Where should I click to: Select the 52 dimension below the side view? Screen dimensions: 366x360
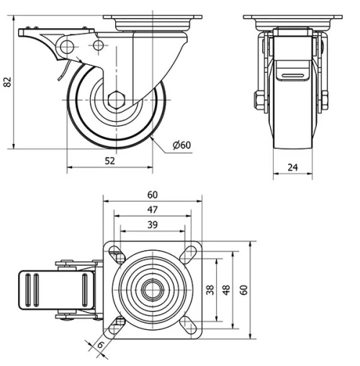coord(109,161)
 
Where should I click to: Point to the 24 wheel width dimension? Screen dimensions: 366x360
coord(292,167)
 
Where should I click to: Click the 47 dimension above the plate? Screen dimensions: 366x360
coord(152,210)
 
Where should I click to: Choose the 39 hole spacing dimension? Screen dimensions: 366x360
coord(152,226)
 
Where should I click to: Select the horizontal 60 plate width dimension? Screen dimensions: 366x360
coord(152,195)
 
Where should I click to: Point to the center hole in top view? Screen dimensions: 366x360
coord(153,290)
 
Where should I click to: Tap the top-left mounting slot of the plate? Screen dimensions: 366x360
coord(116,254)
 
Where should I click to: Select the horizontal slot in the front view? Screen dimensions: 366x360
coord(292,74)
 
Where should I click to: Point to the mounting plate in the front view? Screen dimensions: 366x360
coord(292,17)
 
